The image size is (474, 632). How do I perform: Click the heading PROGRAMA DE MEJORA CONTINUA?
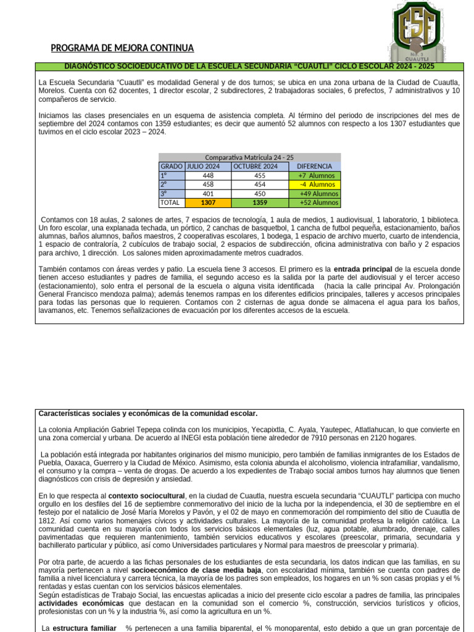tap(122, 48)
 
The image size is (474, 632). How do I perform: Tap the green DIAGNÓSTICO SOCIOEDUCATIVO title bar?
tap(249, 66)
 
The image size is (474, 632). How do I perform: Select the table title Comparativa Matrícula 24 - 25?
tap(249, 157)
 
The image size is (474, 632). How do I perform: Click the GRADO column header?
tap(172, 167)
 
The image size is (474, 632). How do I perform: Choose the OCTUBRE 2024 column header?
tap(259, 167)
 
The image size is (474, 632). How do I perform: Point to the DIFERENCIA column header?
tap(314, 167)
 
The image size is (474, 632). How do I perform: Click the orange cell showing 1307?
tap(208, 202)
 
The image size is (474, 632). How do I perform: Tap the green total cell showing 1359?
tap(259, 202)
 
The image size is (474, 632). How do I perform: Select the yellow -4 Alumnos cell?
tap(314, 185)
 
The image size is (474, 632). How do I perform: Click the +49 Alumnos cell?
tap(314, 194)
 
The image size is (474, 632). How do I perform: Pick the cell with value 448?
tap(208, 176)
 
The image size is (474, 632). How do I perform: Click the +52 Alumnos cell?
tap(314, 202)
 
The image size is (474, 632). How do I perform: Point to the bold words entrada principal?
tap(362, 270)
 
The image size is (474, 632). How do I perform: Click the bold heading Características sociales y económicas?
tap(148, 414)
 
